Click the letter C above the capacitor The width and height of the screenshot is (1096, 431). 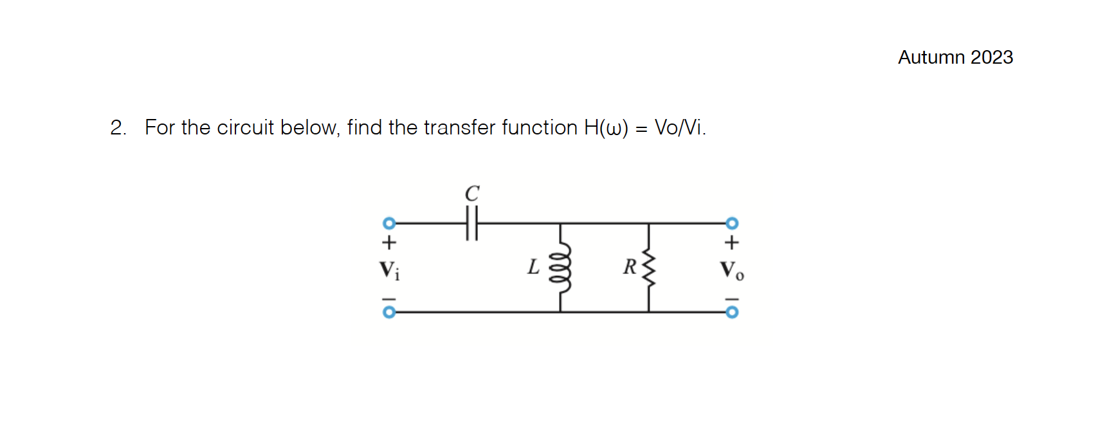[x=472, y=192]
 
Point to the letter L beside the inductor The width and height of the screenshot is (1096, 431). [x=533, y=267]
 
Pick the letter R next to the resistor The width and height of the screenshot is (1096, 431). [x=629, y=266]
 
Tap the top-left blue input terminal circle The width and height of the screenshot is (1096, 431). [x=388, y=223]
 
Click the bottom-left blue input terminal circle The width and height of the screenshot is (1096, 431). [x=388, y=312]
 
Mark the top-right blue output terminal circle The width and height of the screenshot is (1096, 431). [x=732, y=223]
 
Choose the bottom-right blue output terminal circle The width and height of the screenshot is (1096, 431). [x=732, y=312]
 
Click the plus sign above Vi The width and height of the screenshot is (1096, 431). [x=388, y=243]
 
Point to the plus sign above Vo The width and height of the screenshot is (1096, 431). [x=732, y=243]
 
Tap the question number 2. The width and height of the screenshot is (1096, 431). [x=117, y=128]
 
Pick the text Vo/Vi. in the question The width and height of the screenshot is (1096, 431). [x=680, y=127]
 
